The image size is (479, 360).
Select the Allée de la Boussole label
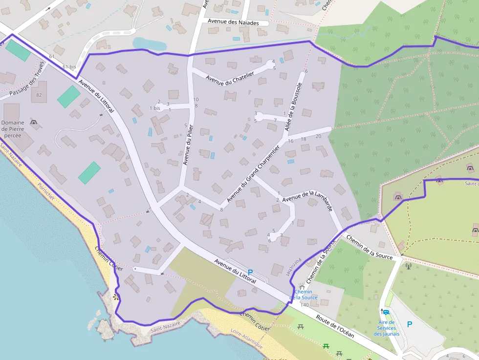293,106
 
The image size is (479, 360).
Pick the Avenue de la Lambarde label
307,199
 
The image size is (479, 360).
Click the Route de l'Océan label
335,326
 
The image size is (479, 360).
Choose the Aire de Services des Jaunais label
386,328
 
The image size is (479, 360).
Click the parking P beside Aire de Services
410,324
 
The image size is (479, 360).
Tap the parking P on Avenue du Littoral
251,272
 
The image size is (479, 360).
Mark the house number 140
305,305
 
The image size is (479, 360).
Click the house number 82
39,95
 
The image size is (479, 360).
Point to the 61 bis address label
69,66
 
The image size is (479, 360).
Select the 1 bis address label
154,108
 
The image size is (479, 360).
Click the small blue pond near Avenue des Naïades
149,44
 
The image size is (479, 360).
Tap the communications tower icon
409,266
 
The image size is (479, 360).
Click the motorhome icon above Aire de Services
386,312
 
